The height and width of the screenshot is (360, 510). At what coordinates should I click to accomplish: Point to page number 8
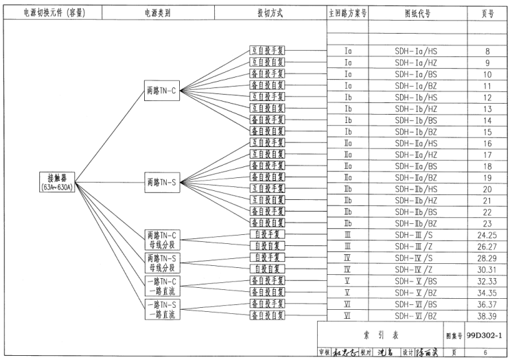[x=487, y=51]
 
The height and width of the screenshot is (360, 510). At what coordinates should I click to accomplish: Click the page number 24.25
[x=487, y=234]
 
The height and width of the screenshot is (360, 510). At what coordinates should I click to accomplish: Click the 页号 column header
[x=487, y=13]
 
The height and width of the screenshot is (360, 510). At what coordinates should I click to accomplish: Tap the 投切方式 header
[x=269, y=13]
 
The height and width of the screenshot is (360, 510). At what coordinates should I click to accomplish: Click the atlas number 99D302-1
[x=485, y=335]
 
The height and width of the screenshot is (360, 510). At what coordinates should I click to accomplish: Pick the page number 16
[x=487, y=143]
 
